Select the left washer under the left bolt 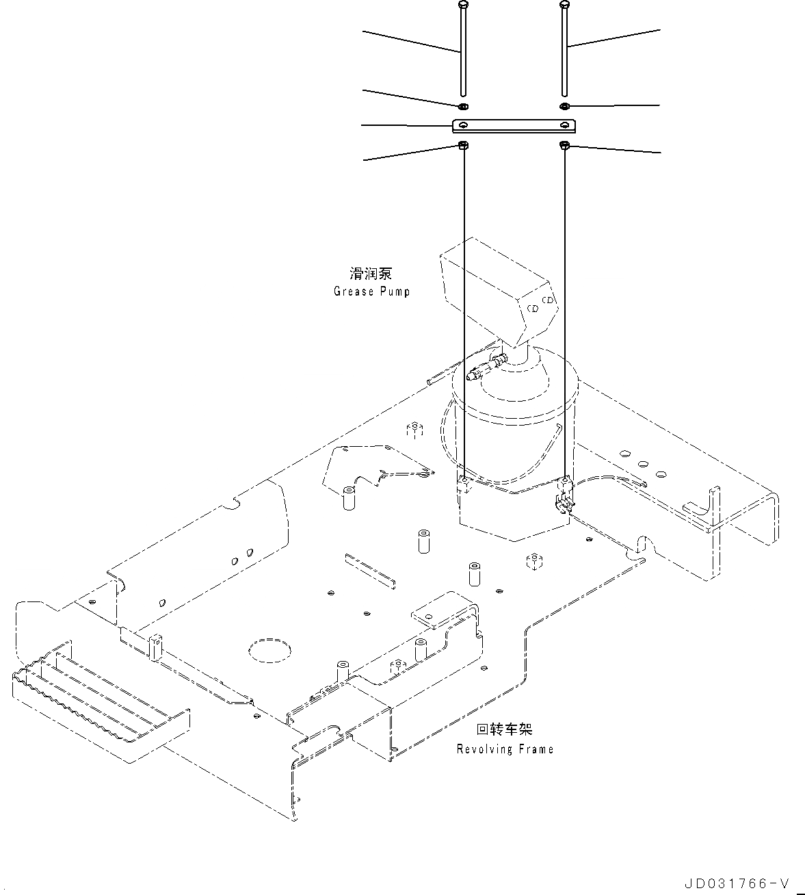[x=463, y=106]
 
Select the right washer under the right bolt [x=564, y=106]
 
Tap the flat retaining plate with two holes [x=514, y=125]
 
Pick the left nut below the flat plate [x=463, y=145]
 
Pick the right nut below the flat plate [x=565, y=145]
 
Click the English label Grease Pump [x=371, y=291]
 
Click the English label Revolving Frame [x=505, y=749]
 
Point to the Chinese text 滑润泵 [x=371, y=274]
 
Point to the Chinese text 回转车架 [x=505, y=730]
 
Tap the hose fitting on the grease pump [x=487, y=366]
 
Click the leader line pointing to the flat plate [x=406, y=125]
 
